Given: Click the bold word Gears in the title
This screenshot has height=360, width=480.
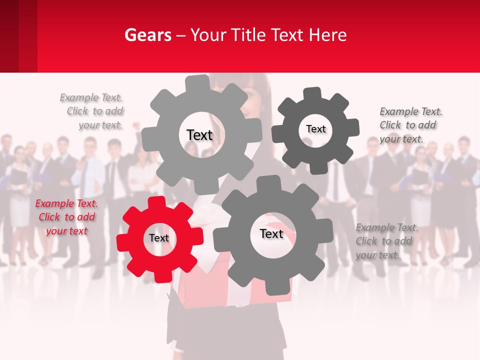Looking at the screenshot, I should click(x=147, y=35).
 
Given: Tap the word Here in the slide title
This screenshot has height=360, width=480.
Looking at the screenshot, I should click(x=328, y=35).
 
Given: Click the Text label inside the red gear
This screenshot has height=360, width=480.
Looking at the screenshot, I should click(x=159, y=238).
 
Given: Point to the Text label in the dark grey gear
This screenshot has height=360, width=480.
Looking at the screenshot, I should click(x=315, y=129).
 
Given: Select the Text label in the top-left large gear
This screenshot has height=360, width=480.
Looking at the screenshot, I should click(x=199, y=135).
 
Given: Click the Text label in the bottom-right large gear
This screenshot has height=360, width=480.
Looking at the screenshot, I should click(x=271, y=234).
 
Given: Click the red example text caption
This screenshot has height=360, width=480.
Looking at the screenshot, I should click(x=66, y=217).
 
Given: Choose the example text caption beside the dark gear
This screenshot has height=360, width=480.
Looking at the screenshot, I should click(x=410, y=125).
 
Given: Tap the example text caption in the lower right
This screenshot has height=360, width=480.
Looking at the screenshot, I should click(x=386, y=241).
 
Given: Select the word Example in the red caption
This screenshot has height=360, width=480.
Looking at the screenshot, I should click(x=53, y=203).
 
